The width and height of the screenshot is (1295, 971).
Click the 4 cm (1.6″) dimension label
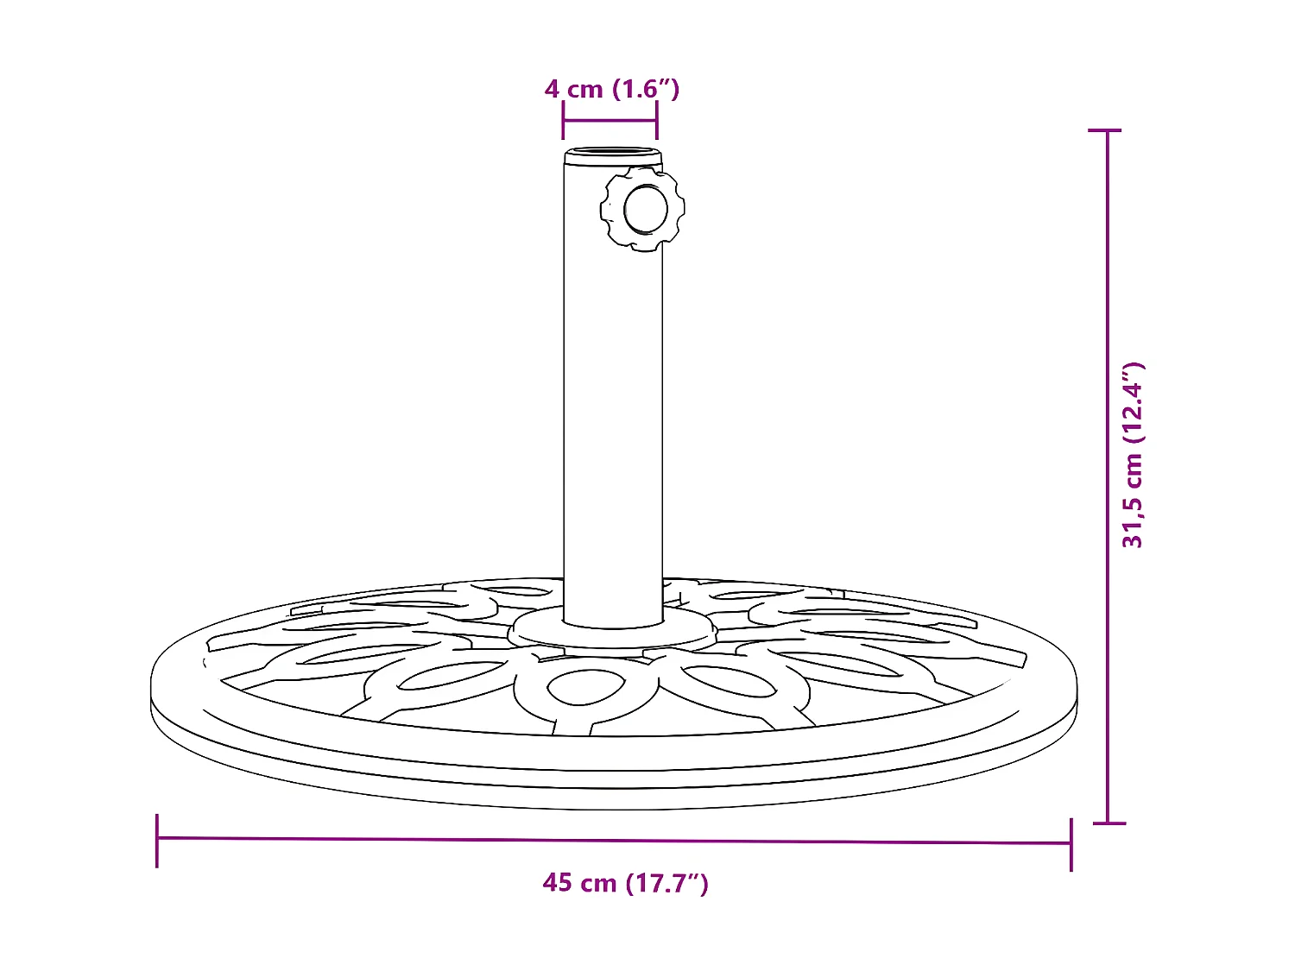[611, 89]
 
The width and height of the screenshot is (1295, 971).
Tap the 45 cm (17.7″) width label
[625, 882]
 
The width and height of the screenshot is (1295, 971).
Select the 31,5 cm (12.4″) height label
[1132, 455]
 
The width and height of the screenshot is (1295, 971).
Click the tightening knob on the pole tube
[643, 209]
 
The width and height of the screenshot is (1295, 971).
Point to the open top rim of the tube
[613, 156]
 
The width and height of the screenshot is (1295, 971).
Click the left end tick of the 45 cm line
[157, 839]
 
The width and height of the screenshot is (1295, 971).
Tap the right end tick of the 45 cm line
[1071, 843]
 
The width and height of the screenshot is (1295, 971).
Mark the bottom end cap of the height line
[1109, 823]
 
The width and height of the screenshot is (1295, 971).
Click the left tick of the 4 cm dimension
[563, 121]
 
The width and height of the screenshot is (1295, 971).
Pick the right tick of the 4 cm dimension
[657, 121]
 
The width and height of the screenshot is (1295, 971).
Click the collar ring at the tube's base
[612, 634]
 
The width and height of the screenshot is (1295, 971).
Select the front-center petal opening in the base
[584, 688]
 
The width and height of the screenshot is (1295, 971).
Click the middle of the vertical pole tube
[613, 388]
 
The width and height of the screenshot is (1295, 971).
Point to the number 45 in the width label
[558, 882]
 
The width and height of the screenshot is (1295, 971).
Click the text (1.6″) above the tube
[646, 89]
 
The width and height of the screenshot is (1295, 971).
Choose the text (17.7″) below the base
[667, 882]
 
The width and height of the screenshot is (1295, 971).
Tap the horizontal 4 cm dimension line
[610, 121]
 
